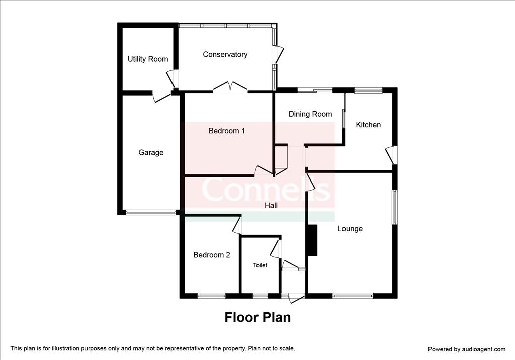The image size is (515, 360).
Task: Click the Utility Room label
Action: coord(148,59)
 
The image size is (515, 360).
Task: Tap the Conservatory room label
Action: coord(225,54)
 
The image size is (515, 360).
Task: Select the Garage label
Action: coord(151,152)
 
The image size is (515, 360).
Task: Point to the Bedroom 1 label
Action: coord(227,131)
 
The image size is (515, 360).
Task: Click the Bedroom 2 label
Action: coord(212,255)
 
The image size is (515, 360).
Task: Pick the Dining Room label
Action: coord(310,114)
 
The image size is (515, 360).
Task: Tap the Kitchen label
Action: coord(368,125)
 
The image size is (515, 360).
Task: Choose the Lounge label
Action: coord(350,229)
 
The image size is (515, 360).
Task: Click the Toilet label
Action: coord(260,265)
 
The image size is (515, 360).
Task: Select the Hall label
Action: coord(271,205)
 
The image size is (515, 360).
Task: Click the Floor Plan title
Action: coord(257,317)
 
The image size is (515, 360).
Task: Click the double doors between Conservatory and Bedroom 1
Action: coord(230,86)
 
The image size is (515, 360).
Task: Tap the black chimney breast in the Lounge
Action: coord(312,240)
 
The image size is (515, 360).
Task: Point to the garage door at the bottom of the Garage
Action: coord(151,213)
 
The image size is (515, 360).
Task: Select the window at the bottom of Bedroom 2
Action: coord(212,296)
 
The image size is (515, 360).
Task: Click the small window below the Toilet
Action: coord(260,296)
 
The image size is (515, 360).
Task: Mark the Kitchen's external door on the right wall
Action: coord(391,155)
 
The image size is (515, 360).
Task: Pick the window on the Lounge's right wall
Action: coord(395,207)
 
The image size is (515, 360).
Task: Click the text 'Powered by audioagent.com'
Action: coord(467,349)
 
